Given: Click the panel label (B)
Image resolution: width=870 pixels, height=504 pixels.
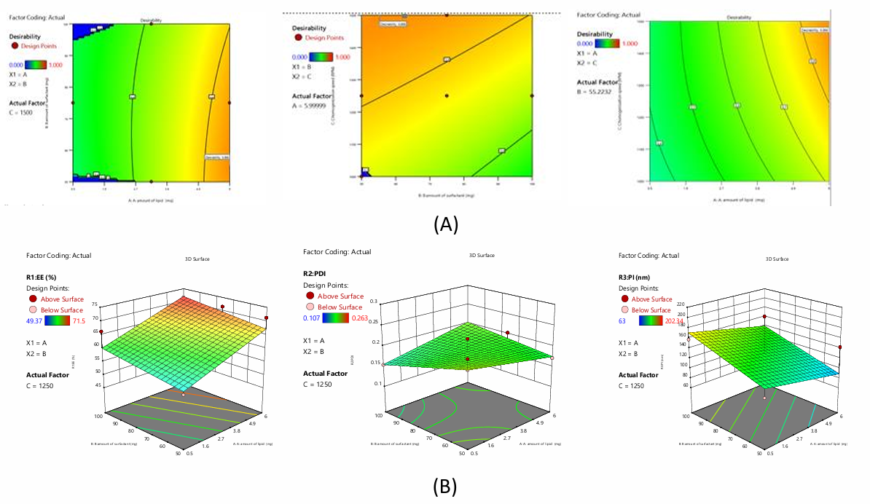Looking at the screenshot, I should coord(445,487).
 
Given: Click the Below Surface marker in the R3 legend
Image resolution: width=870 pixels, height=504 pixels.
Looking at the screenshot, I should coord(624,310).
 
